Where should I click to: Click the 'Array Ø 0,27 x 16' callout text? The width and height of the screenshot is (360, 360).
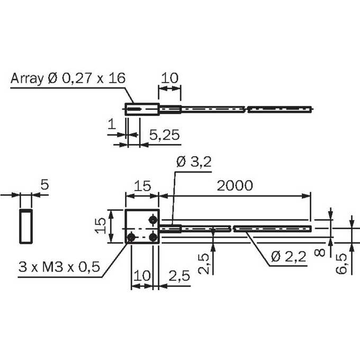(x=68, y=78)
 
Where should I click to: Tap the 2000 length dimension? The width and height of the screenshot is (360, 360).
(x=235, y=185)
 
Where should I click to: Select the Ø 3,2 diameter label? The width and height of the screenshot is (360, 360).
(x=194, y=162)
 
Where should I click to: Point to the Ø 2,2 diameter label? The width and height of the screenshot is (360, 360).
(x=289, y=256)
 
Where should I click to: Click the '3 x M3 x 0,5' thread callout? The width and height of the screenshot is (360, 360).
(x=59, y=267)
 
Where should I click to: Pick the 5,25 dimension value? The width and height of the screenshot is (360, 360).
(x=165, y=135)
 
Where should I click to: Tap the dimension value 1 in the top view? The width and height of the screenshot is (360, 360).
(x=112, y=124)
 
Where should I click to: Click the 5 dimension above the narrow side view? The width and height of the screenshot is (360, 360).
(x=45, y=184)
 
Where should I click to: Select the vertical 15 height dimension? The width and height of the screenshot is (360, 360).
(x=101, y=226)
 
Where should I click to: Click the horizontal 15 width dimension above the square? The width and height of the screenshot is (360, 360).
(x=142, y=185)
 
